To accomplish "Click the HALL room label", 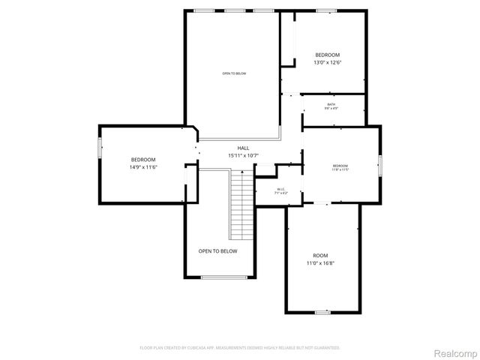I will point(243,148).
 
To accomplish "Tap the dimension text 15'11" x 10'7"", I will point(243,156).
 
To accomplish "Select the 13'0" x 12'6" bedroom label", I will point(327,64).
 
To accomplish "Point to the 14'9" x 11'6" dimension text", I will point(142,167).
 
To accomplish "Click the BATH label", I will point(331,104).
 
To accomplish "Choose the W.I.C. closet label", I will point(280,189).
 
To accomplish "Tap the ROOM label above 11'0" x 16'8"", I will point(320,255).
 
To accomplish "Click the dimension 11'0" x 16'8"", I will point(320,263).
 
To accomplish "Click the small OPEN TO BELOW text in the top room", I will point(233,73).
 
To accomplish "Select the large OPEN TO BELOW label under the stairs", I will point(217,251).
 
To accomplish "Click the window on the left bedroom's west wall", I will point(100,148).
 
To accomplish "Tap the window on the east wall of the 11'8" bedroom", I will point(379,165).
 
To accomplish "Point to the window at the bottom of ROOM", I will point(322,311).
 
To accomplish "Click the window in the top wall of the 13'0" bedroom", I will point(325,10).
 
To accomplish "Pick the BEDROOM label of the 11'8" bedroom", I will point(340,165).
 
